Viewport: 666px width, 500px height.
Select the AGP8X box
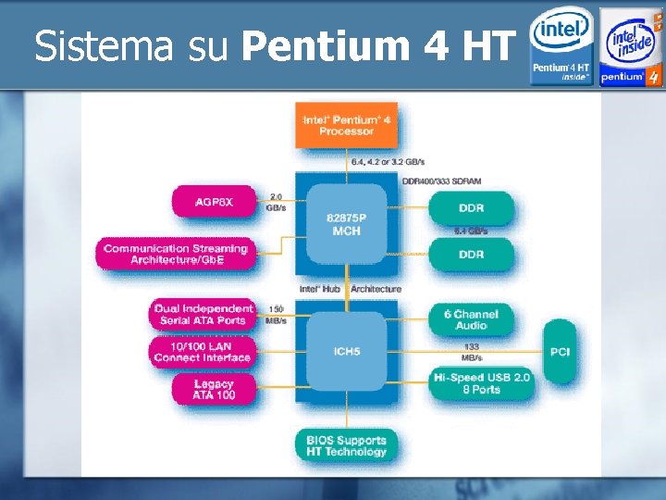(214, 202)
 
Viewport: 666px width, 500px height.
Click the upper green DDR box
(471, 207)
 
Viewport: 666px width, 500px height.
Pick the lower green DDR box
(471, 254)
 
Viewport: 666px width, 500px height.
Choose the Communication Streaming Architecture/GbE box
(176, 254)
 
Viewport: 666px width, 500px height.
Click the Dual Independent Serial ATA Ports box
(203, 314)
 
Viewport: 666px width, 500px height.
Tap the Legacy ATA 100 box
(214, 389)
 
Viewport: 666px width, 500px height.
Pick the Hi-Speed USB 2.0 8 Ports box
(482, 383)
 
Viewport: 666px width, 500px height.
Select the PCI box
(560, 352)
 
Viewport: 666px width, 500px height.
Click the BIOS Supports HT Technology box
(346, 445)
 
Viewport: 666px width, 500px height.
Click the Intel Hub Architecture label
(351, 289)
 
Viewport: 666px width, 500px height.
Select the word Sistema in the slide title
(103, 46)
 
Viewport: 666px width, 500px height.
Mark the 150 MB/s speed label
(276, 314)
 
